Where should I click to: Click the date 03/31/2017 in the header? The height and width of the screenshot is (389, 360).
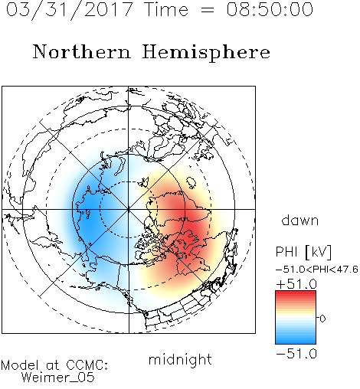point(70,10)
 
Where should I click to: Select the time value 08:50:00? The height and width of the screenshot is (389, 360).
point(270,9)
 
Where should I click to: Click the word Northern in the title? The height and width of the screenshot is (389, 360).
point(82,51)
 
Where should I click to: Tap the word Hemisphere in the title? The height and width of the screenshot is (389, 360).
point(206,52)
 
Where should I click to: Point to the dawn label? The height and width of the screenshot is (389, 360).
point(300,220)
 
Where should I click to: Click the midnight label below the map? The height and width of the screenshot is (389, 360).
point(180,359)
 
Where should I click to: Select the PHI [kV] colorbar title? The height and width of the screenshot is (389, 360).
point(303,252)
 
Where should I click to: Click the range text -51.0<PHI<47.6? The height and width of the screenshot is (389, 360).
point(317,269)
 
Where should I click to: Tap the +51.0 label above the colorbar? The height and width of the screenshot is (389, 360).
point(296,283)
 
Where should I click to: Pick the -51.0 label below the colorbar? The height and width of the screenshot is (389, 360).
point(296,354)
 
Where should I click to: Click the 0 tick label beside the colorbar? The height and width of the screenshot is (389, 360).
point(322,319)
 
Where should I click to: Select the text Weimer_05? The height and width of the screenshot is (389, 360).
point(57,377)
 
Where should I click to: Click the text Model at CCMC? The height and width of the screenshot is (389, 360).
point(54,365)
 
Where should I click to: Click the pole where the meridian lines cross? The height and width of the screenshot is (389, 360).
point(129,209)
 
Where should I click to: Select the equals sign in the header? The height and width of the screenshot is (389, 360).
point(208,10)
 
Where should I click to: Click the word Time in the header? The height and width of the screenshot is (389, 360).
point(166,9)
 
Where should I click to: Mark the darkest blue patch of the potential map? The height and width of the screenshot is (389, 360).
point(87,220)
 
